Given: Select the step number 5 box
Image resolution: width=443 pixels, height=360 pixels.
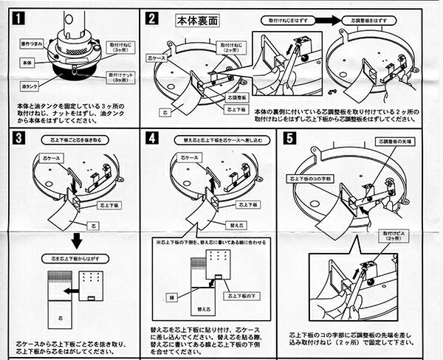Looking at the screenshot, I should click(290, 138).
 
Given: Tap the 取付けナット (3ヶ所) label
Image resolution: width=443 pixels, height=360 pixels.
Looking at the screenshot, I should click(120, 76).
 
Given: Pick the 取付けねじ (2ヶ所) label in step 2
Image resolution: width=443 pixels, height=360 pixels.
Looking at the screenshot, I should click(233, 46).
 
